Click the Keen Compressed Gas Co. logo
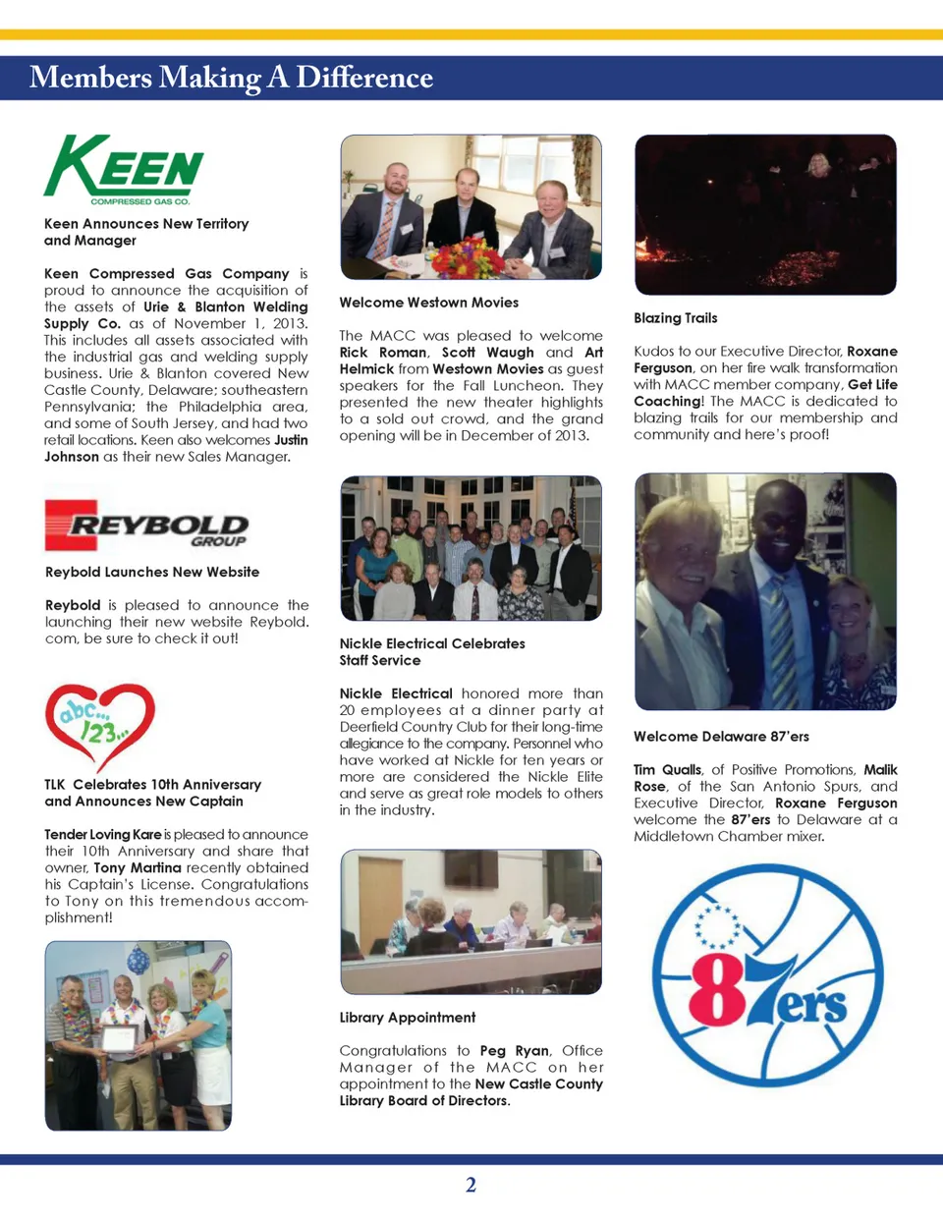point(124,169)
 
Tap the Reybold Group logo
point(146,526)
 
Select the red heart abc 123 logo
point(99,725)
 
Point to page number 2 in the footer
point(471,1185)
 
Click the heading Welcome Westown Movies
point(428,303)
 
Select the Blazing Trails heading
point(675,318)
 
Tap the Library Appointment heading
point(407,1018)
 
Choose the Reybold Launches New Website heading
point(152,572)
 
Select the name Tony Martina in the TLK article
point(138,868)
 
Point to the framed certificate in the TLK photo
point(119,1040)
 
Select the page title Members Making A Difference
point(231,78)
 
